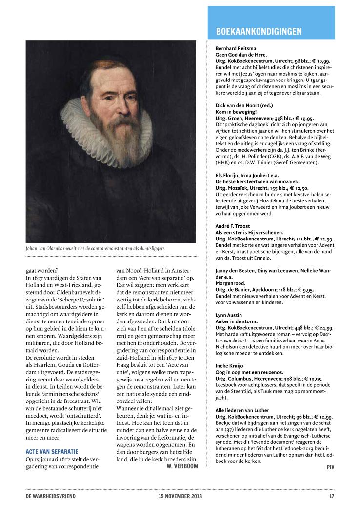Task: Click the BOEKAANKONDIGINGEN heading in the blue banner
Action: (x=259, y=32)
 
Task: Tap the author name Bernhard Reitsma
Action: (x=236, y=49)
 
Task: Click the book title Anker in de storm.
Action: (x=237, y=321)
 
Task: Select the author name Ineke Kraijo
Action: (x=229, y=365)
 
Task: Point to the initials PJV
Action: (x=330, y=467)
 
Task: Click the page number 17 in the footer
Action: (x=331, y=497)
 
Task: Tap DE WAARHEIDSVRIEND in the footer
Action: (x=51, y=497)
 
